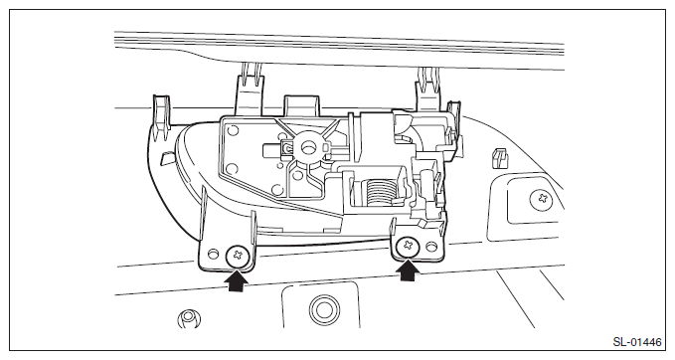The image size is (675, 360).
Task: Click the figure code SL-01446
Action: click(636, 342)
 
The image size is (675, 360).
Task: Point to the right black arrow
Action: click(409, 270)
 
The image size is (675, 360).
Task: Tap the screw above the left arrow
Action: click(238, 256)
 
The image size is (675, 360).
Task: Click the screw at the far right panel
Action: click(542, 200)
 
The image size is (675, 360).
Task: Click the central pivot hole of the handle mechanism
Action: click(308, 147)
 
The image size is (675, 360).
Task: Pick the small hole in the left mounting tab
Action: click(213, 254)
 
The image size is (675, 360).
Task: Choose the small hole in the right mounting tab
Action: click(430, 247)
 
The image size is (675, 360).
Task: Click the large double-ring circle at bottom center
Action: click(324, 309)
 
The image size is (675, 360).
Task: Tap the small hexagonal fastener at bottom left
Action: click(189, 318)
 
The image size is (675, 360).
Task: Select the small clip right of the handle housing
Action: click(499, 158)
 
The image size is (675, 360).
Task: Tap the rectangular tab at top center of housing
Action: click(301, 105)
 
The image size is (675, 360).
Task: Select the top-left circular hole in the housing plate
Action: click(234, 129)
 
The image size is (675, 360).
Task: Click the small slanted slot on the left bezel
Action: click(167, 158)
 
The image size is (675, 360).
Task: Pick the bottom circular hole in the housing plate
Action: click(276, 189)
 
